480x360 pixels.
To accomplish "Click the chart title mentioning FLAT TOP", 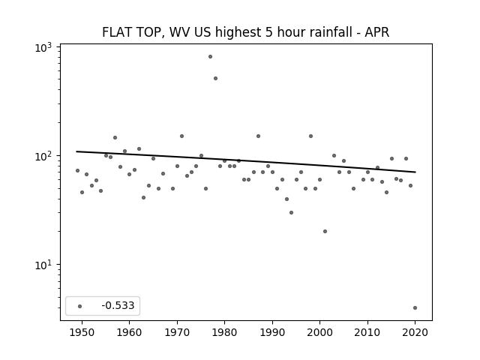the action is [245, 32].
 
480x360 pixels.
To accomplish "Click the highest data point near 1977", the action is [210, 57].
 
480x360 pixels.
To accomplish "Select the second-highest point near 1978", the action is [215, 78].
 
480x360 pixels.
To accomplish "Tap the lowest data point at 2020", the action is [415, 308].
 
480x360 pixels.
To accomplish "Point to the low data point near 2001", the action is [325, 232].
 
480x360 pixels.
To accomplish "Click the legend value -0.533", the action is [118, 305].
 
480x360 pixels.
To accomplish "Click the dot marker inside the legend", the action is [80, 306].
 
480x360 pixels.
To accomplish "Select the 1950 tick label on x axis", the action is [82, 332].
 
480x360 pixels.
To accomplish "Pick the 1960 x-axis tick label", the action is [129, 332].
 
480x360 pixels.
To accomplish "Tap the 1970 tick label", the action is [177, 332].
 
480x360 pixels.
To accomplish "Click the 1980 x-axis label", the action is [224, 332].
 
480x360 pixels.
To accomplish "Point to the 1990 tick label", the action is [272, 332].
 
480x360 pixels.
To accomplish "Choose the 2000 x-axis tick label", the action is [319, 332].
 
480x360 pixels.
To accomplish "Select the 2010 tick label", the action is [367, 332].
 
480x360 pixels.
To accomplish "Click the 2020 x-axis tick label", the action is [415, 332].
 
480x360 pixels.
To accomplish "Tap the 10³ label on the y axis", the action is [43, 48].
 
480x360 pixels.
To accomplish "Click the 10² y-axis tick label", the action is [43, 157].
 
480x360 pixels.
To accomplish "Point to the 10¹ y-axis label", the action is [43, 265].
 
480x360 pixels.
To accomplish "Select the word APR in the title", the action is [376, 32].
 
